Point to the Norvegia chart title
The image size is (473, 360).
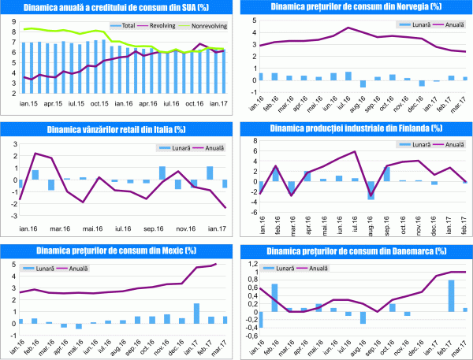pos(355,7)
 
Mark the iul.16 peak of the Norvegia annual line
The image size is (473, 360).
pos(348,28)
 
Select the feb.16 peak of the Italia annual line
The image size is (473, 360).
pos(35,154)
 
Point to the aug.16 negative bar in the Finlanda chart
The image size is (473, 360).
pos(371,190)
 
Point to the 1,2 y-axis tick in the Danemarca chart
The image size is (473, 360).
pos(249,262)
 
